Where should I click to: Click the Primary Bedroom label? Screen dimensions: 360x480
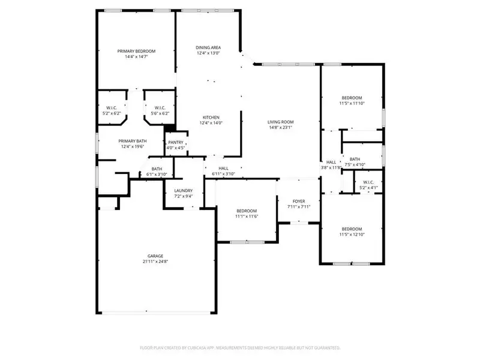pos(136,51)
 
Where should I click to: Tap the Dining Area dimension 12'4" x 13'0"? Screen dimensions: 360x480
pos(208,53)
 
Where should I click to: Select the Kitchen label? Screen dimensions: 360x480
pos(211,117)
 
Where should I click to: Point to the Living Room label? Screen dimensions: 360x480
pos(280,122)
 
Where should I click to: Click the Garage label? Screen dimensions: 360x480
pos(156,256)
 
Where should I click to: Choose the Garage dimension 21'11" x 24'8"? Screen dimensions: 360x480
pos(156,262)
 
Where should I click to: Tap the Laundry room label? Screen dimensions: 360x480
pos(183,190)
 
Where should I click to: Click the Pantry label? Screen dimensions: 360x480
pos(176,142)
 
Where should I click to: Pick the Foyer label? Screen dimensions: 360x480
pos(298,201)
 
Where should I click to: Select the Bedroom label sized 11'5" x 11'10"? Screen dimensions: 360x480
pos(352,98)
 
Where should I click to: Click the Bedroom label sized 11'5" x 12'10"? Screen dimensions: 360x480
pos(352,229)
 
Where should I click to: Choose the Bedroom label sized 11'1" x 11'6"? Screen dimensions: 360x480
pos(246,211)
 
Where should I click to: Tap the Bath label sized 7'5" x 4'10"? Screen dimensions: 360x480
pos(355,159)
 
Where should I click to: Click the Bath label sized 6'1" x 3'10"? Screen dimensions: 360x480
pos(157,169)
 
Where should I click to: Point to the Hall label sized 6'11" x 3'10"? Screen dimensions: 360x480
pos(223,169)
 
